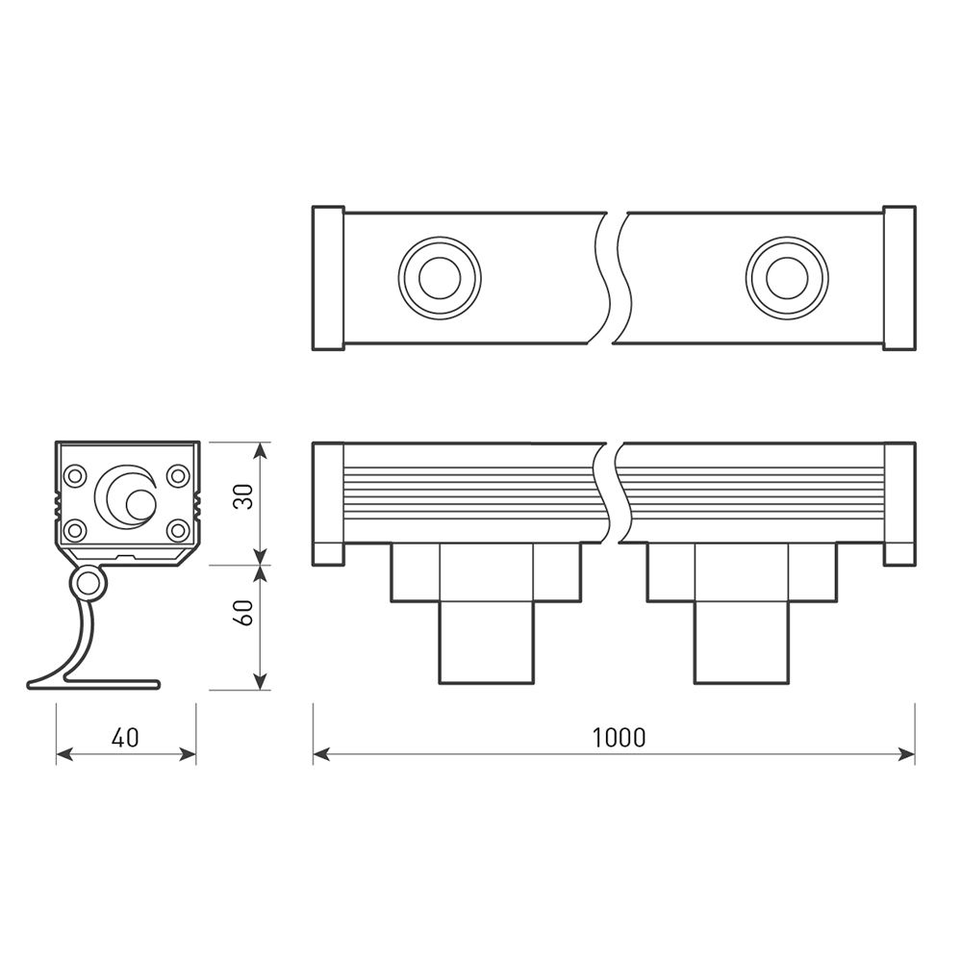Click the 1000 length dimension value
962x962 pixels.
click(620, 738)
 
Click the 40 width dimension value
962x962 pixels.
click(125, 738)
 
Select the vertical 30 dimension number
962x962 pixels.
click(244, 497)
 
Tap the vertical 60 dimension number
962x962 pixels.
click(244, 613)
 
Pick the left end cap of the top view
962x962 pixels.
click(328, 278)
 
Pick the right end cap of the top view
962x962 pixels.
click(899, 278)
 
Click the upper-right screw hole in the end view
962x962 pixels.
click(178, 475)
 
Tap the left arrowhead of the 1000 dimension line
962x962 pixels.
click(321, 754)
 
